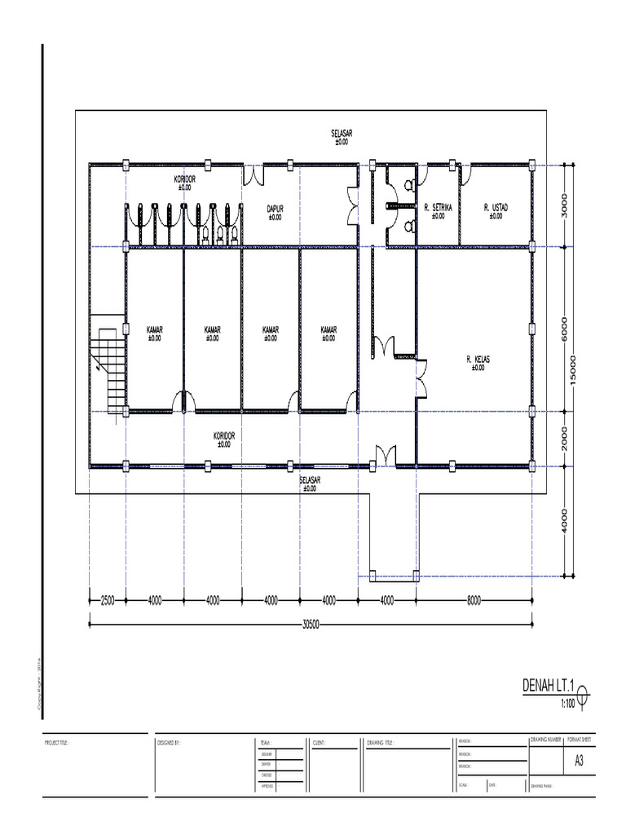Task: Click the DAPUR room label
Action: click(x=275, y=210)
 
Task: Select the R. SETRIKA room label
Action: click(x=438, y=209)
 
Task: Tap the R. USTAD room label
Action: click(x=495, y=209)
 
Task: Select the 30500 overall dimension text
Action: click(x=310, y=625)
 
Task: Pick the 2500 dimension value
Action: click(x=108, y=600)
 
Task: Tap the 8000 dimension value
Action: click(x=475, y=600)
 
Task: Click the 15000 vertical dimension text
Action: click(x=574, y=371)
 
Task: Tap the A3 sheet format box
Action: click(x=579, y=762)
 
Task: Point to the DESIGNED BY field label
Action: click(x=169, y=744)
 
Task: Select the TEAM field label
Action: click(x=266, y=744)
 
